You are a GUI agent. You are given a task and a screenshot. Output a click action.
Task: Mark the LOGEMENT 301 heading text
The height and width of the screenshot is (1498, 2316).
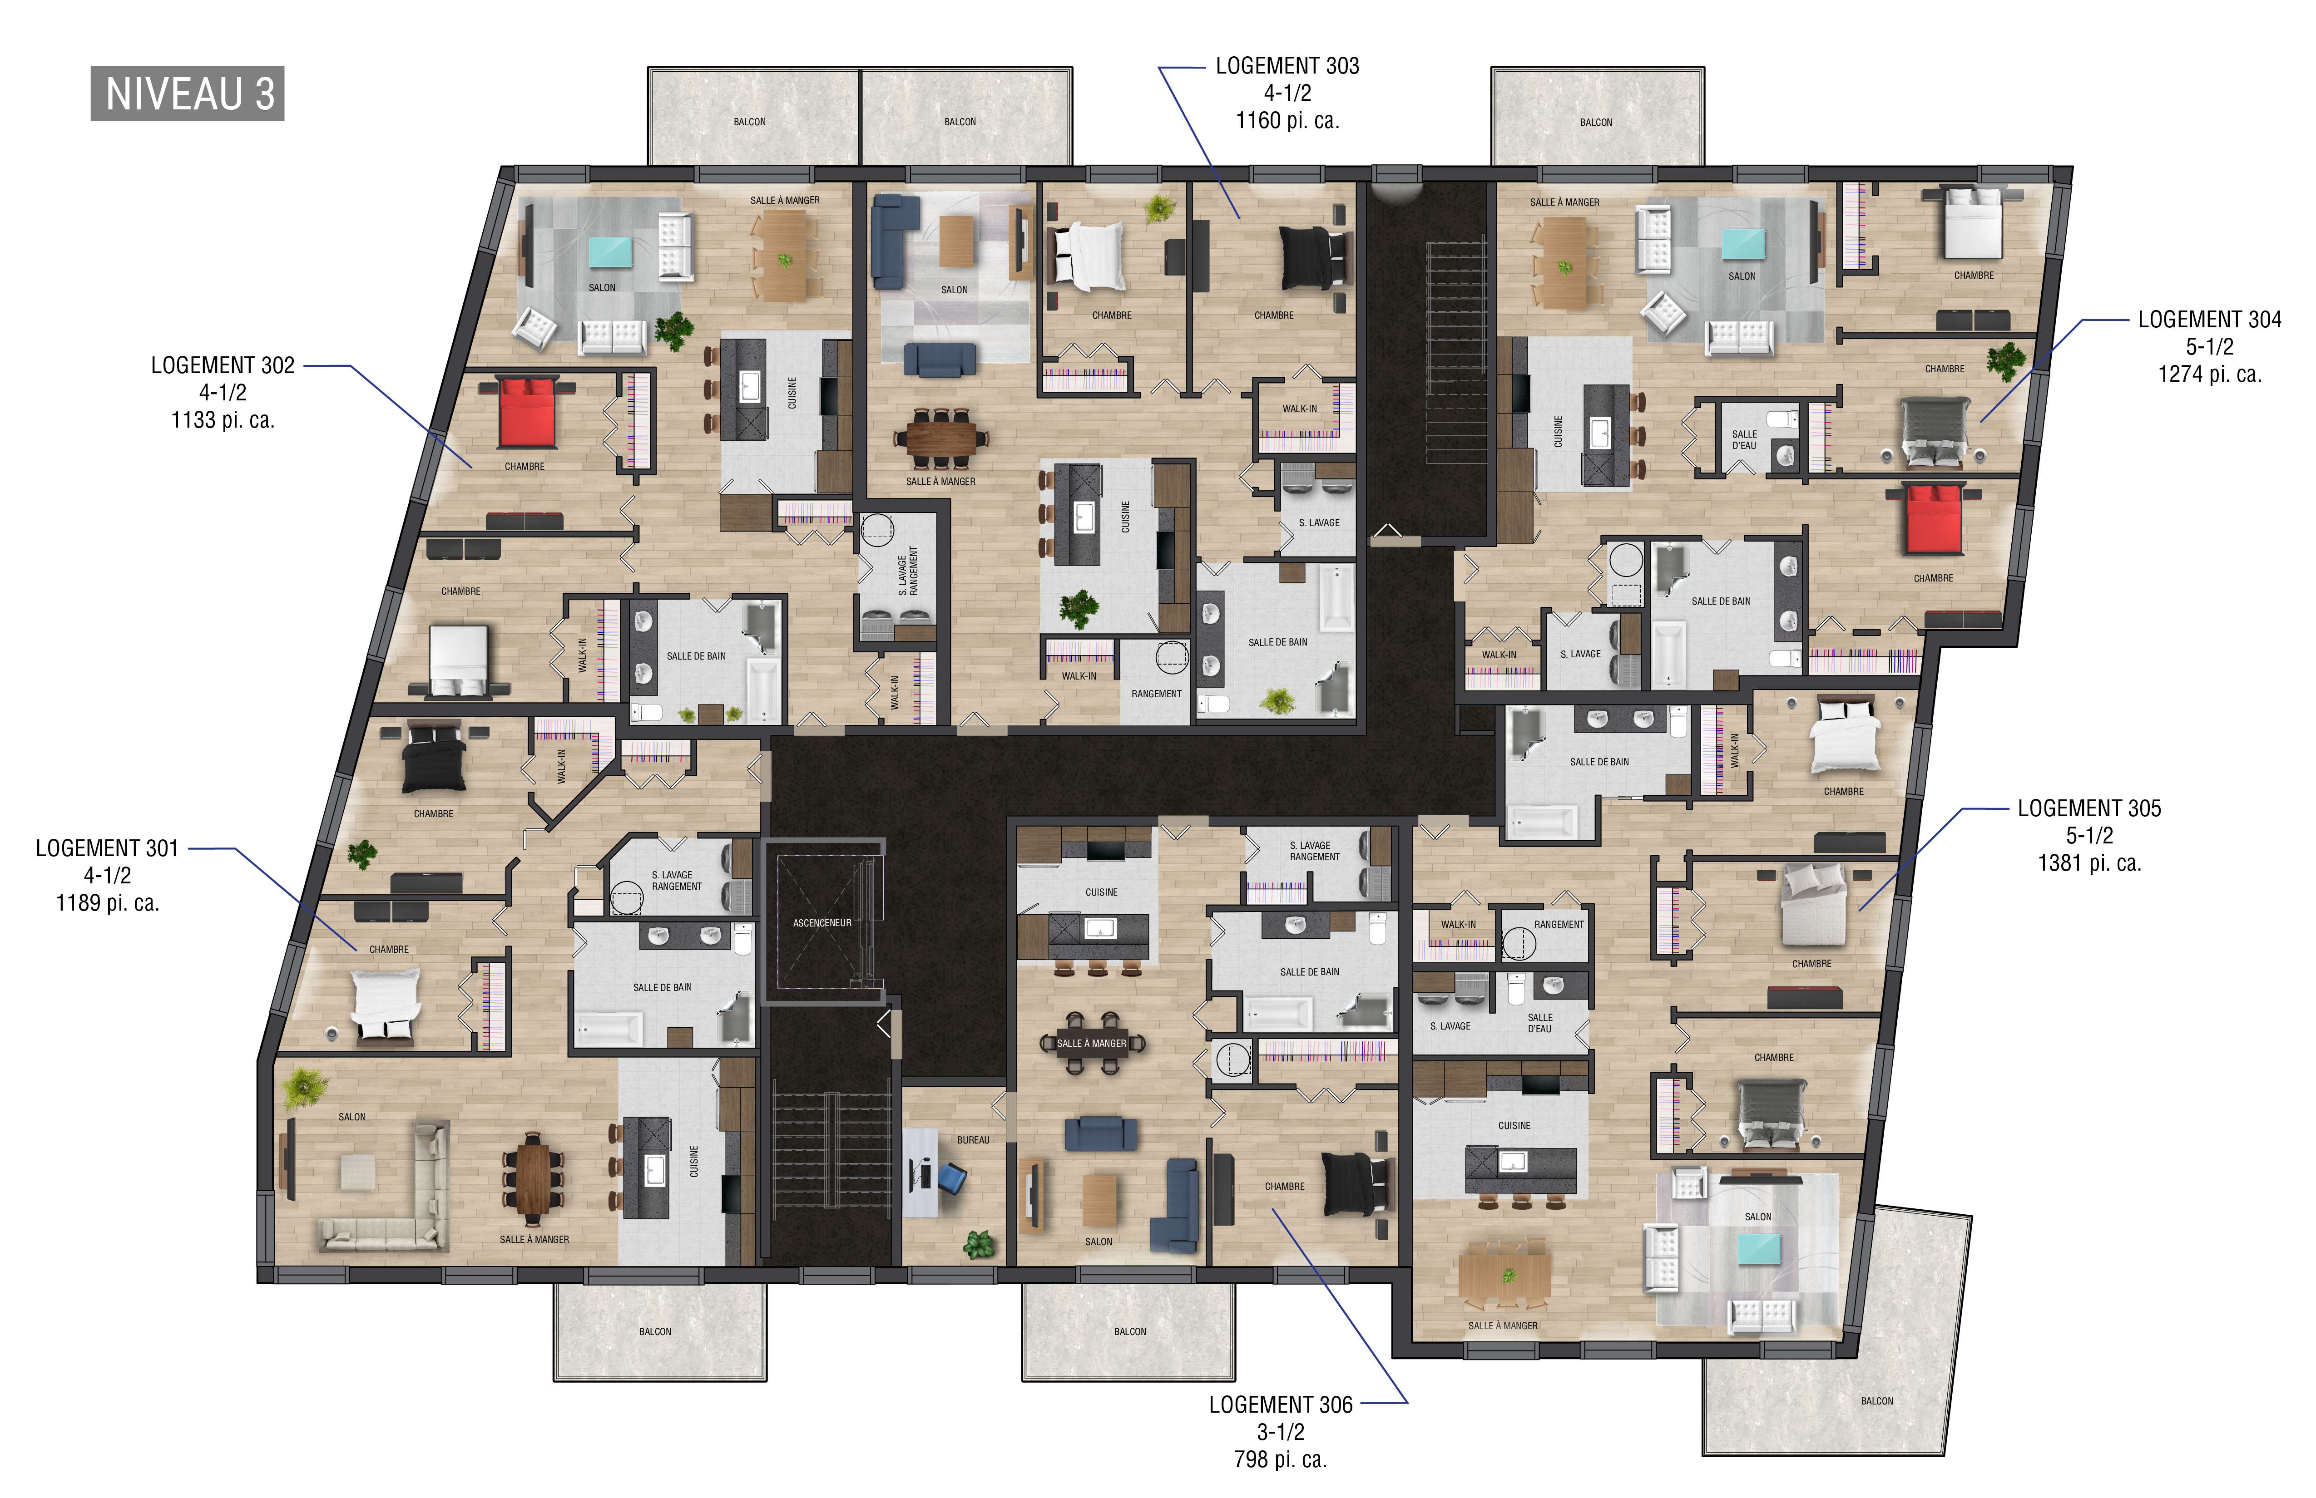[107, 848]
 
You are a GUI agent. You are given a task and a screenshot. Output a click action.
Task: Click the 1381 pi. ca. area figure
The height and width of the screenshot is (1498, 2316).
[2089, 863]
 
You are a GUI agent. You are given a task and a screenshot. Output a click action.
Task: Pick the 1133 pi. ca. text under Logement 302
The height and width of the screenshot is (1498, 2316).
[223, 420]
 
